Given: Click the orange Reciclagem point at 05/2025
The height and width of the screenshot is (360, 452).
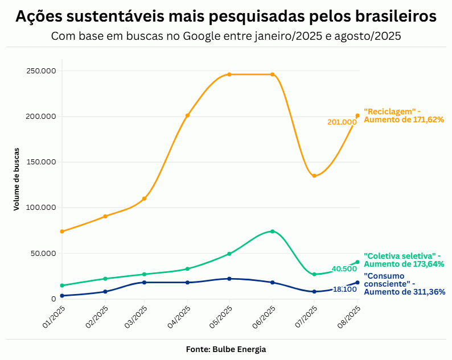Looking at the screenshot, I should [x=229, y=75].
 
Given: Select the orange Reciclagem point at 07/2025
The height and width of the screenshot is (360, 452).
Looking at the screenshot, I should [x=314, y=176].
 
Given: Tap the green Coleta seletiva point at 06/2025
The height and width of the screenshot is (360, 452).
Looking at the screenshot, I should [x=273, y=231].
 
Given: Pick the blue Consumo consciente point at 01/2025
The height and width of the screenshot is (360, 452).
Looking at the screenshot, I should [x=61, y=296].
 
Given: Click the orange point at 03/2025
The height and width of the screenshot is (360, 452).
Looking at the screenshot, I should [x=145, y=198].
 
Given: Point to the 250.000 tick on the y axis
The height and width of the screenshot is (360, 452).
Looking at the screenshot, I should [x=41, y=71].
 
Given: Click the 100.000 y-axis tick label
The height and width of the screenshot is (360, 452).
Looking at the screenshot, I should [x=41, y=208].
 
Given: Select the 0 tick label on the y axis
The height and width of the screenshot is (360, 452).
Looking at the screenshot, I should [x=54, y=299].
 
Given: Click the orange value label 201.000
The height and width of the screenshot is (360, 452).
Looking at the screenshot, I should [x=342, y=122].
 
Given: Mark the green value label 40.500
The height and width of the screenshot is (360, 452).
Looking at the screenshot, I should [x=344, y=268].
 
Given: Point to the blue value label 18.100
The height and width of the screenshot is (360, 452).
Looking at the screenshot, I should [x=344, y=289].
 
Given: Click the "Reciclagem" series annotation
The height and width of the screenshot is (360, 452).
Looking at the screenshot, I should [x=403, y=115].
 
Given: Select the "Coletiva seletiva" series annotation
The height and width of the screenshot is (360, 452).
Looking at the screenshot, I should [x=403, y=260].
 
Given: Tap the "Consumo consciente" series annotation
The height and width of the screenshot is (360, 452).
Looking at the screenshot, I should [x=403, y=284].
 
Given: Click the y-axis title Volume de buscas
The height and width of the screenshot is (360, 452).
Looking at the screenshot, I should [x=17, y=179].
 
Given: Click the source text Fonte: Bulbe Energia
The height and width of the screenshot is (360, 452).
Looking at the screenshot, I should [x=226, y=349].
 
